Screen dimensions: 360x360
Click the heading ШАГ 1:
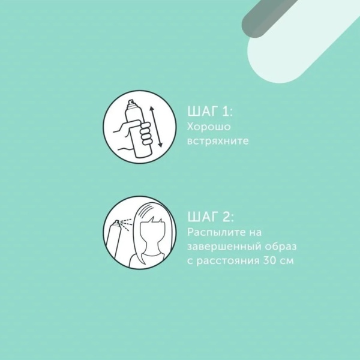210,112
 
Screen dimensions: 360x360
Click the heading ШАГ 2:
211,217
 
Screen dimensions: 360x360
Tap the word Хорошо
209,127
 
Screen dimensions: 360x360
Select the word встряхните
218,141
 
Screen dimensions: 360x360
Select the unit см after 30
287,261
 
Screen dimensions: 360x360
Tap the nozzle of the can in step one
131,103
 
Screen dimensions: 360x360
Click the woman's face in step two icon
152,235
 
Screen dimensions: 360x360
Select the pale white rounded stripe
302,41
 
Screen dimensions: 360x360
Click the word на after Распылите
256,233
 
